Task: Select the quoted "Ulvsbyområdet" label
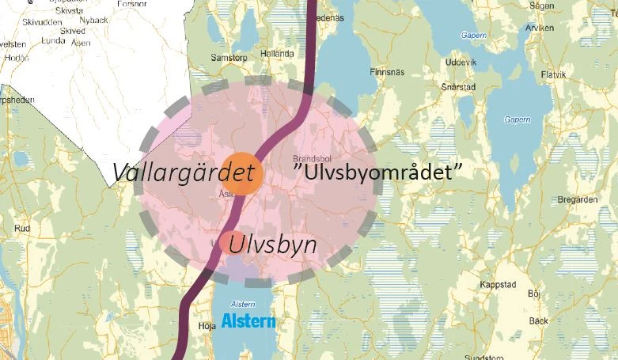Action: pos(377,171)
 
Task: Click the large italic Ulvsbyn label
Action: pos(273,244)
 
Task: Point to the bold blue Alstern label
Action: pos(248,321)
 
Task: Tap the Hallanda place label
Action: pos(277,54)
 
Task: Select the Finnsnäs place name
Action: pos(387,71)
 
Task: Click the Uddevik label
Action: pos(461,62)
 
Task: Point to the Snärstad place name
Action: pos(458,87)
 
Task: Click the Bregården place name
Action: pos(574,199)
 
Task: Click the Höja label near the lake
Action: pos(208,324)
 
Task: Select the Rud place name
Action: pos(22,229)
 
